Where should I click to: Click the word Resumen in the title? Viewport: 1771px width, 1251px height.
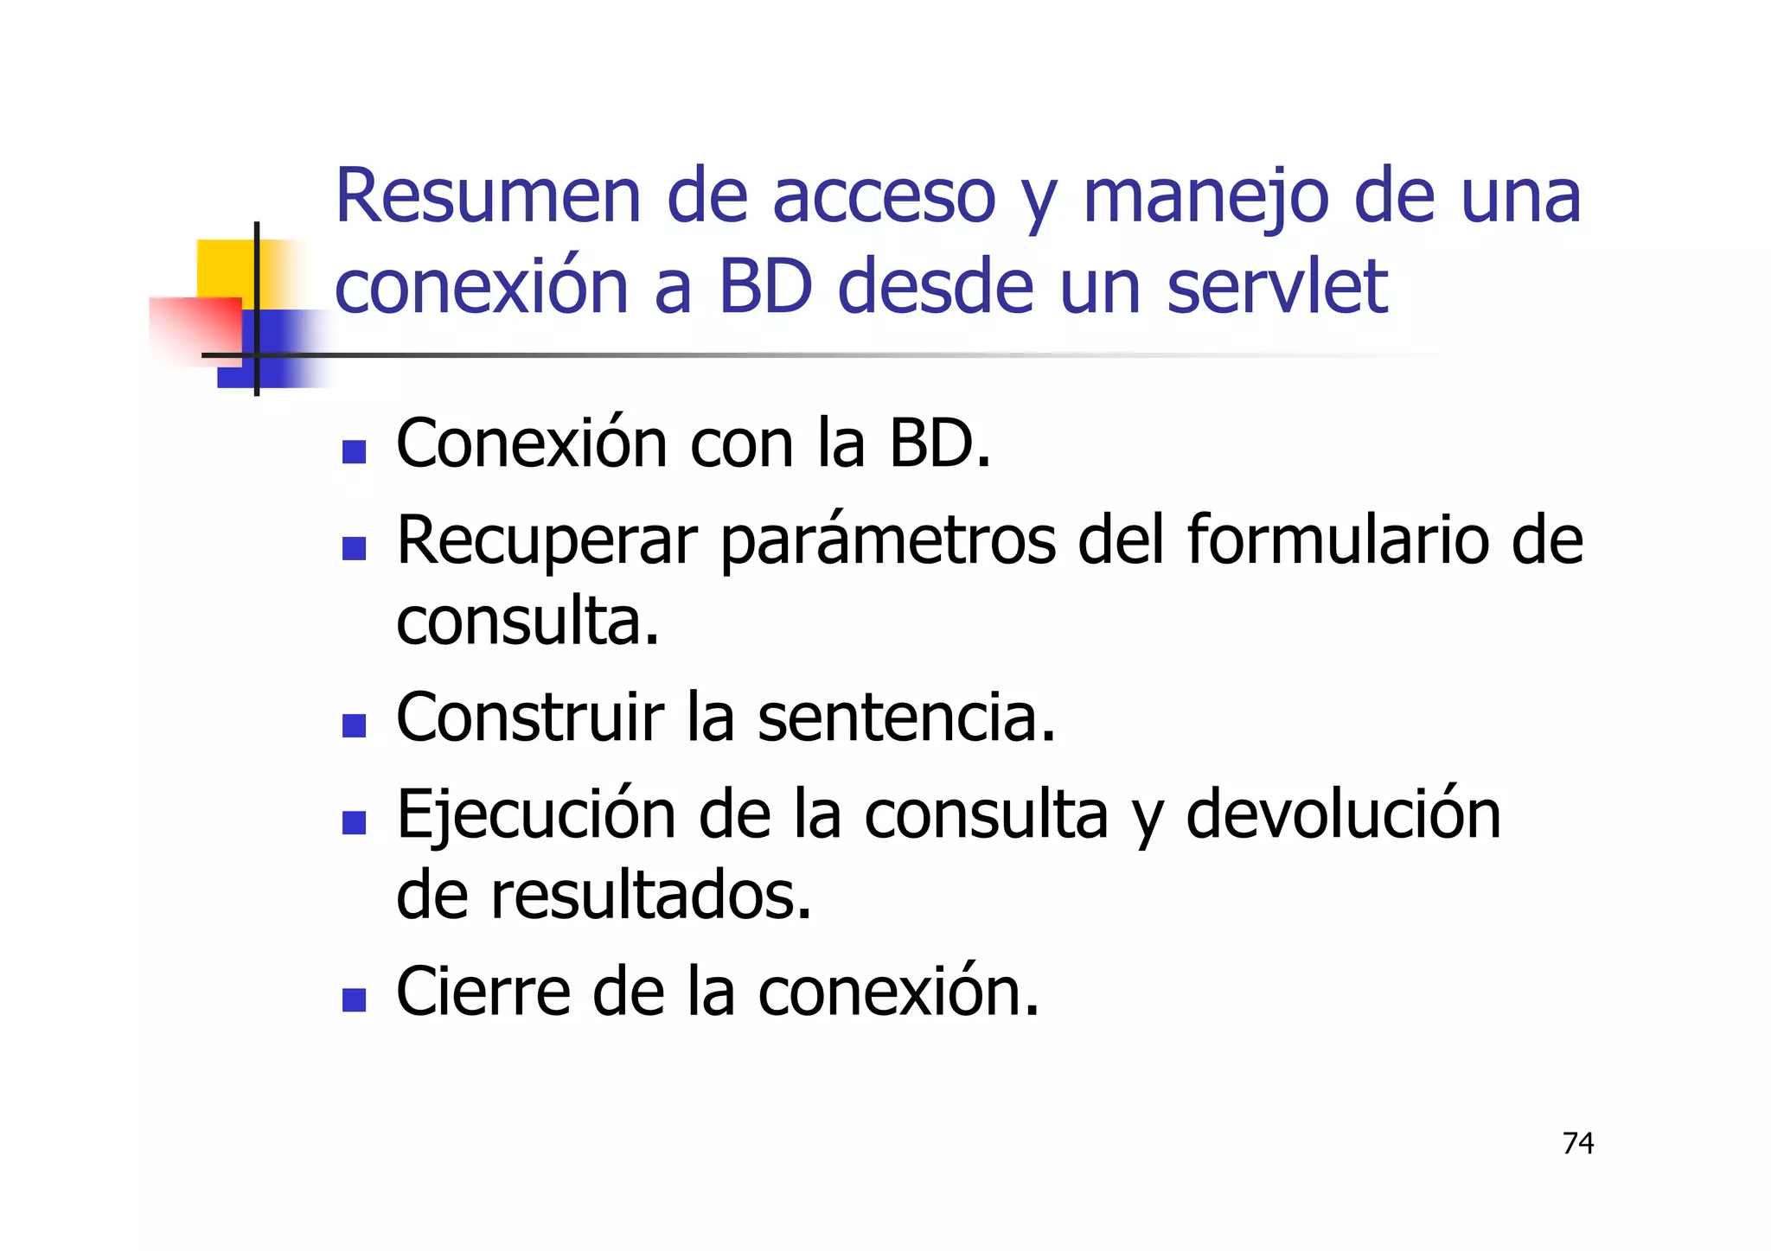pyautogui.click(x=488, y=197)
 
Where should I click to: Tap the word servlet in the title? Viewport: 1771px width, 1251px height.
pyautogui.click(x=1277, y=287)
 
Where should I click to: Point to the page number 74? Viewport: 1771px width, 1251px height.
pyautogui.click(x=1578, y=1143)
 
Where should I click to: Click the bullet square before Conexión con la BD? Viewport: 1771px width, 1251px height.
pyautogui.click(x=354, y=452)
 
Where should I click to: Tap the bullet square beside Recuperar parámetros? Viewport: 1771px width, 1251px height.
pyautogui.click(x=354, y=548)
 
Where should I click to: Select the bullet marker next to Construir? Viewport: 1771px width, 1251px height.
pyautogui.click(x=354, y=725)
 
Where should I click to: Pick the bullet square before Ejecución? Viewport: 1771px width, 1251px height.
pyautogui.click(x=354, y=822)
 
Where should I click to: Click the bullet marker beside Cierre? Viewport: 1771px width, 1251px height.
pyautogui.click(x=354, y=999)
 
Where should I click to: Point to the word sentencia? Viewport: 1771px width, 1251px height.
pyautogui.click(x=906, y=718)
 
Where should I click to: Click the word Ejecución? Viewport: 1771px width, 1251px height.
pyautogui.click(x=536, y=816)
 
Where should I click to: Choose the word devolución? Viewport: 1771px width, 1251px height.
pyautogui.click(x=1342, y=814)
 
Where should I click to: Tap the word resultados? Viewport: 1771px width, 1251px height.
pyautogui.click(x=651, y=896)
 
